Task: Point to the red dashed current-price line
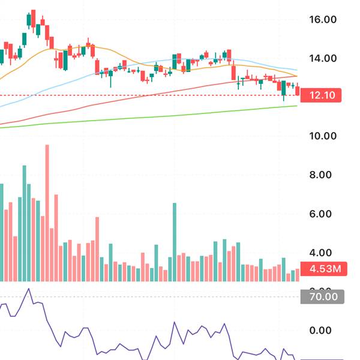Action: click(x=150, y=95)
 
